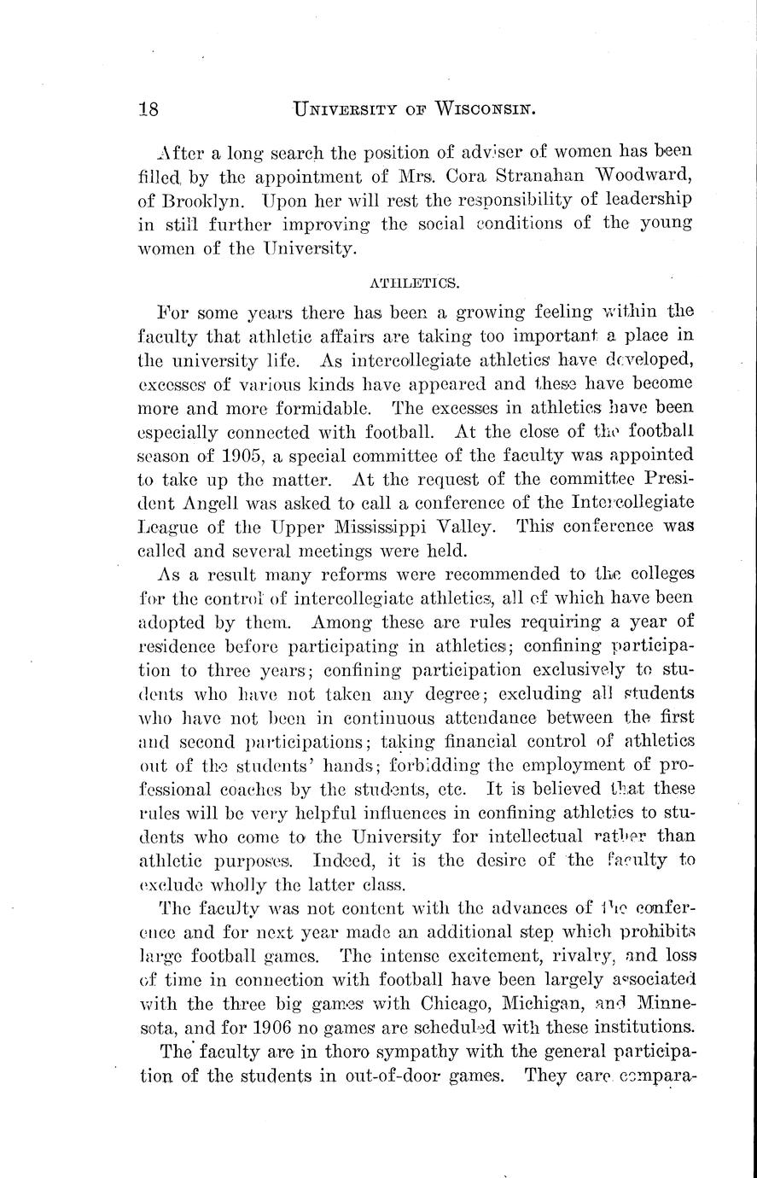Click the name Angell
coord(227,503)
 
